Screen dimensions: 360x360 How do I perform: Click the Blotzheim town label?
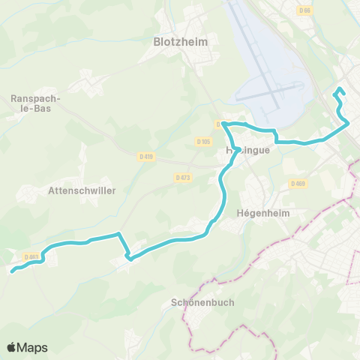pos(181,42)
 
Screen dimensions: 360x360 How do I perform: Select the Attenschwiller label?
pos(81,190)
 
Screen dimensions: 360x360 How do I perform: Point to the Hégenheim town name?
pos(262,212)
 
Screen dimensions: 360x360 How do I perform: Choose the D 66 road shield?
pos(304,10)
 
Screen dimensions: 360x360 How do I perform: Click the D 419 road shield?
pos(146,156)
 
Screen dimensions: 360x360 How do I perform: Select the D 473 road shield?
pos(183,177)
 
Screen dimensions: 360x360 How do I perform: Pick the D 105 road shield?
pos(202,141)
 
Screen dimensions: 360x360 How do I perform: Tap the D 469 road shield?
pos(298,184)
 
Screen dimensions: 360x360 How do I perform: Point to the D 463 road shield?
pos(31,256)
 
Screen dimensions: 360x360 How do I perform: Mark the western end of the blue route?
pos(13,271)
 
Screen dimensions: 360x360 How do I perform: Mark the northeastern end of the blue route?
pos(335,94)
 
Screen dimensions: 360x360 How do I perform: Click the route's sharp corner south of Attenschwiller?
pos(129,258)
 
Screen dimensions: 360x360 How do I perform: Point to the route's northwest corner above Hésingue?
pos(223,123)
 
